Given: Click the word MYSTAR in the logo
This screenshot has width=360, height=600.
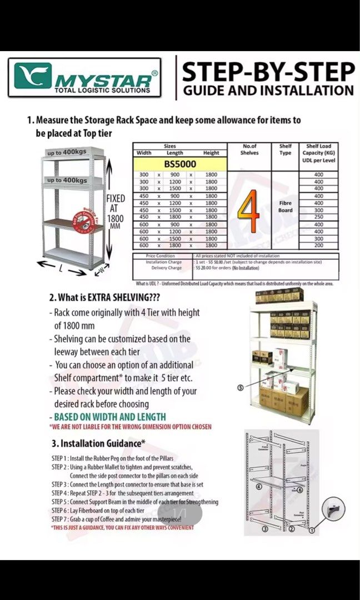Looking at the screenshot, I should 103,81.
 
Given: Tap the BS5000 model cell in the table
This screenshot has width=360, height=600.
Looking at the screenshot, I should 179,164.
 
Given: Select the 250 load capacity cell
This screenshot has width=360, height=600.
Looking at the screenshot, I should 318,217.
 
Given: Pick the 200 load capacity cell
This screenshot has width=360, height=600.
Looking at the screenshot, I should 318,245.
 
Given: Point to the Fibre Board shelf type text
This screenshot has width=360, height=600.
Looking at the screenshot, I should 285,207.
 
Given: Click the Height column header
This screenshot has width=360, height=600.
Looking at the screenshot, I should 211,153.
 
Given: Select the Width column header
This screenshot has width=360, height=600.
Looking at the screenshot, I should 144,153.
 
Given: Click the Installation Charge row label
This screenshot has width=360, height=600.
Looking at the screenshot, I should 163,261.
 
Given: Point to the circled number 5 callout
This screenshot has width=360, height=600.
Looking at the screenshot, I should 240,388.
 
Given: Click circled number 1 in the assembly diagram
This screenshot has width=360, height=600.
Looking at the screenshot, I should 312,530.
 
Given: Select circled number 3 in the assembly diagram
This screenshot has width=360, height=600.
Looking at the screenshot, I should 265,529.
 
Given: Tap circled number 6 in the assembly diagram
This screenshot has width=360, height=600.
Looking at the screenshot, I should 299,489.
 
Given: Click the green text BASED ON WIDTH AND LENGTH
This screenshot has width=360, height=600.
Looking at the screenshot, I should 109,417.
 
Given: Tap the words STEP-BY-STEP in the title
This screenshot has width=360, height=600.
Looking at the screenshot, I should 268,73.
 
